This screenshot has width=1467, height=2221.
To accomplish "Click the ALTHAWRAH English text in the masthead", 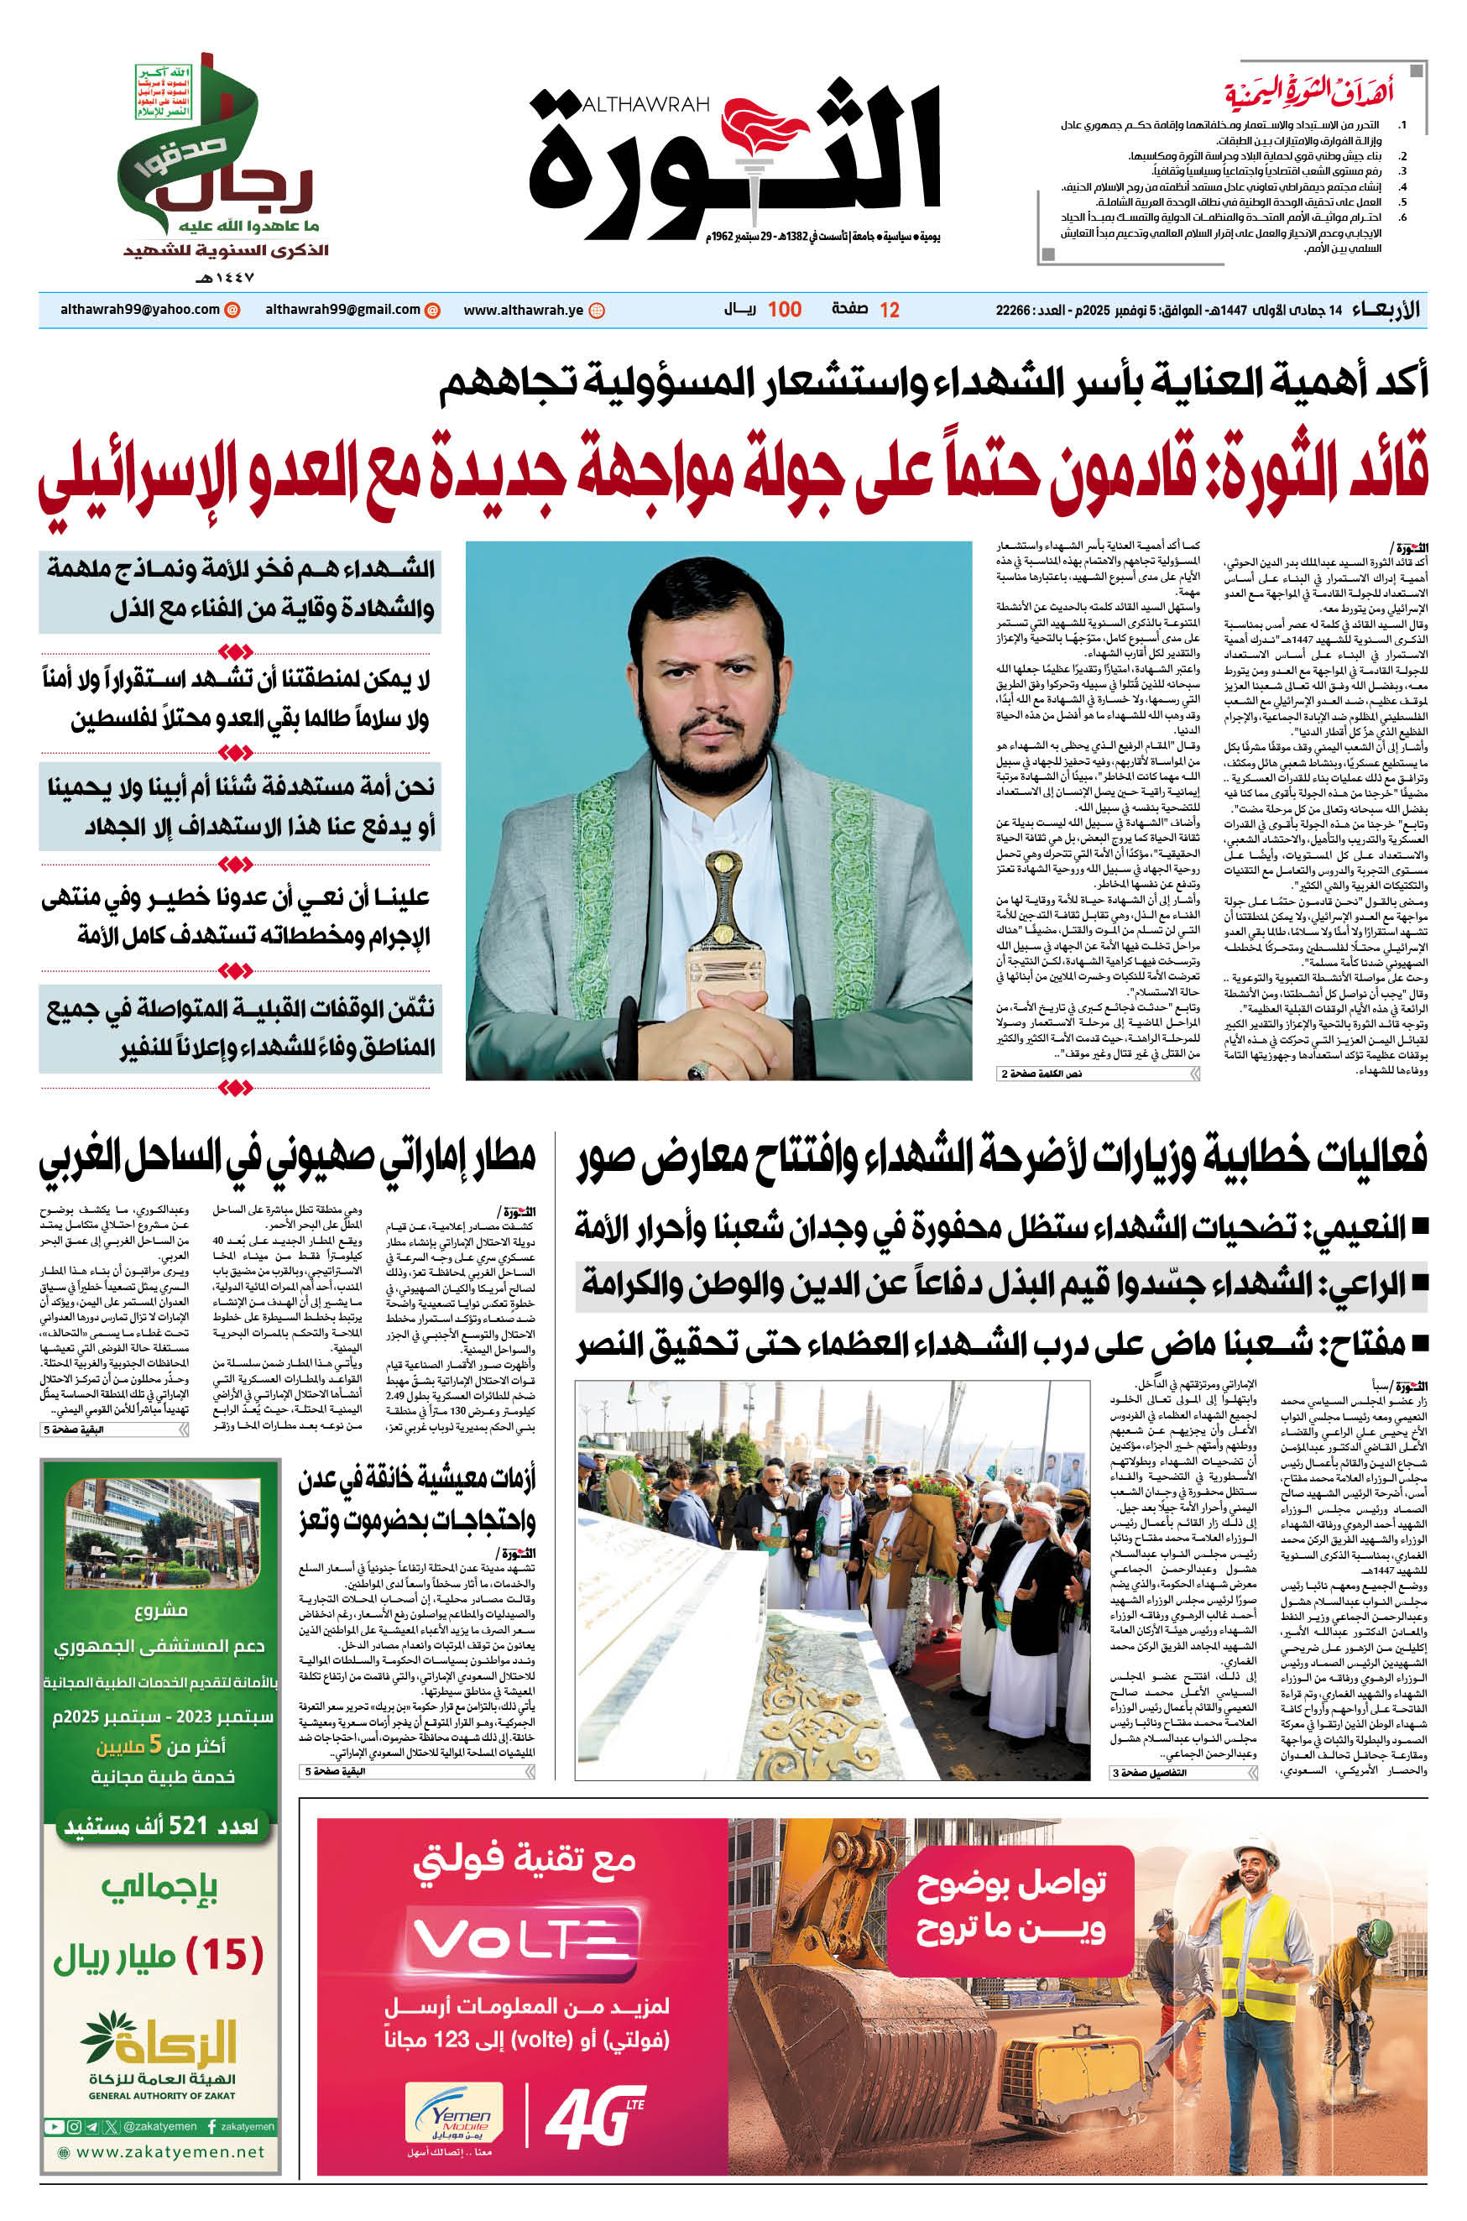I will coord(645,106).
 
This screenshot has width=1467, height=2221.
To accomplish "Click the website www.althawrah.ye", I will coord(523,310).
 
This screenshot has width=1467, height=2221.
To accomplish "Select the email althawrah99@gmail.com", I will coord(342,310).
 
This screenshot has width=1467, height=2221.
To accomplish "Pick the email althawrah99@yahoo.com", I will coord(139,310).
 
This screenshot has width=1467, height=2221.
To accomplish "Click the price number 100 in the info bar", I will coord(784,310).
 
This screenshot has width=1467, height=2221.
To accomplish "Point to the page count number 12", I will coord(889,310).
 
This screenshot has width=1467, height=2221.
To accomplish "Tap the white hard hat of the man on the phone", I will coord(1256,1852).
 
